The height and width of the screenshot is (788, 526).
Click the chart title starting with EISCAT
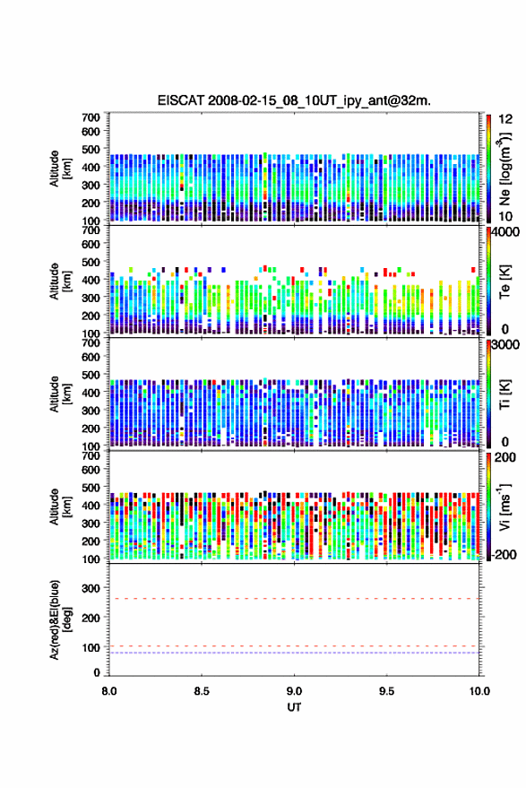click(294, 100)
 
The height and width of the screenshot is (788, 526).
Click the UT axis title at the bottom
click(294, 707)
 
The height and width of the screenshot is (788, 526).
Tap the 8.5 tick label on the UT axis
click(202, 691)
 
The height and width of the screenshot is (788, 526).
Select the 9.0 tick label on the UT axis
click(294, 691)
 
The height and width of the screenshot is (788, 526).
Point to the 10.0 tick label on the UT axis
click(479, 691)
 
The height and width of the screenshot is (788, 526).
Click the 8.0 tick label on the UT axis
click(109, 691)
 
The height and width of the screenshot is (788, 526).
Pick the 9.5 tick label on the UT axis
click(386, 691)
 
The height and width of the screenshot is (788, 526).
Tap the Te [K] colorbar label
click(504, 281)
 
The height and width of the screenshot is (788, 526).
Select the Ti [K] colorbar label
click(504, 394)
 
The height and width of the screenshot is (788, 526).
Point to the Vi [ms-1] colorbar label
click(504, 507)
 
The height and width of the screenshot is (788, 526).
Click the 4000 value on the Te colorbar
click(506, 232)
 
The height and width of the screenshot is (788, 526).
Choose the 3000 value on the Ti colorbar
click(506, 345)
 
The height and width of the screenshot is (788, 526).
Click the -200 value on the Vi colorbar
click(504, 555)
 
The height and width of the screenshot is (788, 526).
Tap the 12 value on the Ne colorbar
click(505, 119)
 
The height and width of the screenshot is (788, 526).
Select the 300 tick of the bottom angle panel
click(91, 588)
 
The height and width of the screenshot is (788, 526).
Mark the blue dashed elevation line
click(294, 653)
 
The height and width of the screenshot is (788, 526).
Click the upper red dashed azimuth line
click(294, 599)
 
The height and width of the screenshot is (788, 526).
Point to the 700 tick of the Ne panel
click(91, 117)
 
